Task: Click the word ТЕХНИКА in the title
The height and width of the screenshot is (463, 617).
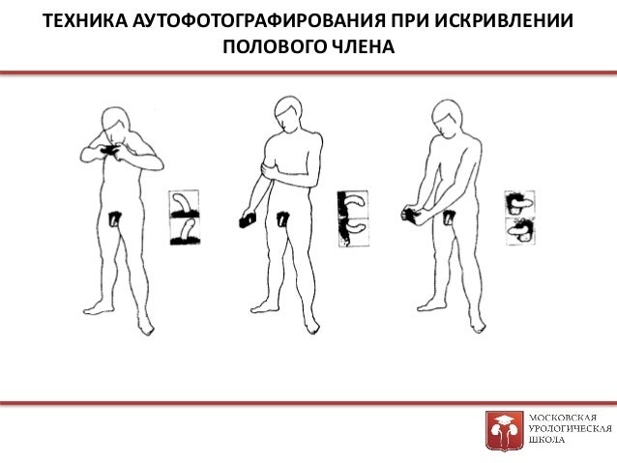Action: pyautogui.click(x=85, y=21)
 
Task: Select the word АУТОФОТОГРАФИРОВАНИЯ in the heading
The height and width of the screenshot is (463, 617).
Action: pyautogui.click(x=258, y=21)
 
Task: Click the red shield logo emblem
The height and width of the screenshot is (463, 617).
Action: pyautogui.click(x=505, y=430)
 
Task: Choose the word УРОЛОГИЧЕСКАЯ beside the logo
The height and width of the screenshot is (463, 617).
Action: pyautogui.click(x=571, y=429)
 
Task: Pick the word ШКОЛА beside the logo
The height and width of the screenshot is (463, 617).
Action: pyautogui.click(x=546, y=440)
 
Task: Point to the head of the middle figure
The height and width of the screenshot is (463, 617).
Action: pyautogui.click(x=289, y=112)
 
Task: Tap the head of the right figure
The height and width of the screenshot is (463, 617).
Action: pyautogui.click(x=447, y=117)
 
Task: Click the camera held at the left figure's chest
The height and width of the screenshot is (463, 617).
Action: pyautogui.click(x=109, y=150)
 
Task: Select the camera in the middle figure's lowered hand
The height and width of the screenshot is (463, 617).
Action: pyautogui.click(x=248, y=219)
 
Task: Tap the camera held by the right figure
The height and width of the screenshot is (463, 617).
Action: pyautogui.click(x=411, y=216)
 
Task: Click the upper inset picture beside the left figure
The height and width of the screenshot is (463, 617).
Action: pyautogui.click(x=184, y=205)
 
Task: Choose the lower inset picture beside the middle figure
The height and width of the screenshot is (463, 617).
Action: pyautogui.click(x=354, y=233)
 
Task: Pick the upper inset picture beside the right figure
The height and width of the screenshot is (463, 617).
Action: pyautogui.click(x=519, y=204)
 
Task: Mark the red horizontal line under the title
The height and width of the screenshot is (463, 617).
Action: pyautogui.click(x=308, y=72)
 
